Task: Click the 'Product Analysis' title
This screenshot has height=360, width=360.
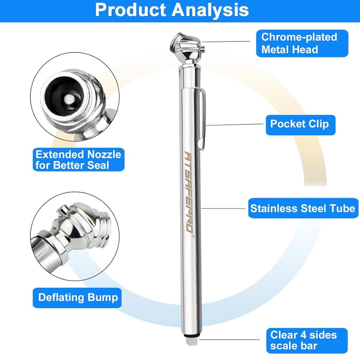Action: pyautogui.click(x=172, y=10)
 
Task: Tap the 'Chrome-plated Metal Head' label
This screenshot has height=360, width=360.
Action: pyautogui.click(x=299, y=43)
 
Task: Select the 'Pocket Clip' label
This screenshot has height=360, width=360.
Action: pyautogui.click(x=300, y=124)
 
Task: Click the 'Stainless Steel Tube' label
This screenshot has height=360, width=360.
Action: pyautogui.click(x=302, y=208)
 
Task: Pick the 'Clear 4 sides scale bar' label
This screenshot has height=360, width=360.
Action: pyautogui.click(x=303, y=340)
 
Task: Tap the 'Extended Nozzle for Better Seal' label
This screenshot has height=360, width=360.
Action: pyautogui.click(x=78, y=160)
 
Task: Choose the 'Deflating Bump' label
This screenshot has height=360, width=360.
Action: pyautogui.click(x=78, y=297)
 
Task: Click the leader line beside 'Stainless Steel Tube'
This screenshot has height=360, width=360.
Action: pyautogui.click(x=223, y=208)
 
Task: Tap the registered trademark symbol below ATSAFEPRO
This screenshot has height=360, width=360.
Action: pyautogui.click(x=193, y=236)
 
